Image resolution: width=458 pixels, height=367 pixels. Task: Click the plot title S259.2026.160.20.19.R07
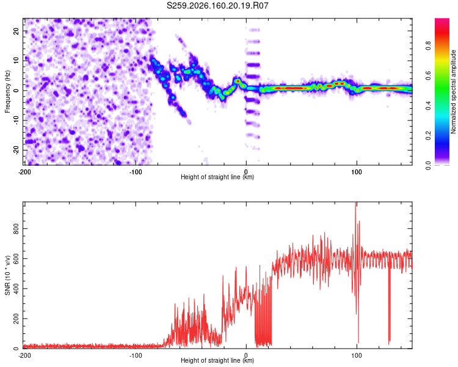click(217, 6)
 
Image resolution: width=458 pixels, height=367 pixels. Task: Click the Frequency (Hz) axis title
click(7, 92)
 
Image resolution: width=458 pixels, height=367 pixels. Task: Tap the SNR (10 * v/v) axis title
click(7, 275)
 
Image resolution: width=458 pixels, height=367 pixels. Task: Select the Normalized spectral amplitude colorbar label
click(453, 92)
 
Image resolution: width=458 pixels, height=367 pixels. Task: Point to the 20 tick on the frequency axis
click(16, 31)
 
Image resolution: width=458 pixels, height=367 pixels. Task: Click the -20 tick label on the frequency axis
click(16, 150)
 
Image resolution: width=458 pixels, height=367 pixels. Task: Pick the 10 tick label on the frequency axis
click(16, 61)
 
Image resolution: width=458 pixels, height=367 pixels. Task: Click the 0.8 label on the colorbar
click(428, 45)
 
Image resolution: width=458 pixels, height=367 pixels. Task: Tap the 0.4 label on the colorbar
click(428, 105)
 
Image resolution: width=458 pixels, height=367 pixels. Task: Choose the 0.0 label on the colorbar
click(428, 165)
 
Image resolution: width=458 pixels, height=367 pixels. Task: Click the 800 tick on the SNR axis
click(16, 229)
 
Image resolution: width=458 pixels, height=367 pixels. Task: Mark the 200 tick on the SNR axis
click(16, 319)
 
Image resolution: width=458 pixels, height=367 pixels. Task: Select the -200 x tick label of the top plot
click(24, 172)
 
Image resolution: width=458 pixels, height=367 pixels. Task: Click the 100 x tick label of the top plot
click(357, 172)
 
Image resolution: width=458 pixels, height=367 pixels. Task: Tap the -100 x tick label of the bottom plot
click(136, 355)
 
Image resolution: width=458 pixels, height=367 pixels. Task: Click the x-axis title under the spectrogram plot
click(217, 177)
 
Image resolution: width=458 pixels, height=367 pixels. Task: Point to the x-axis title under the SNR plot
click(217, 360)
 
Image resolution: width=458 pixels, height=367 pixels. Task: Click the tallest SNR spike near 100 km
click(355, 203)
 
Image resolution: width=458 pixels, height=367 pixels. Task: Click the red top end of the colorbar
click(442, 20)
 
